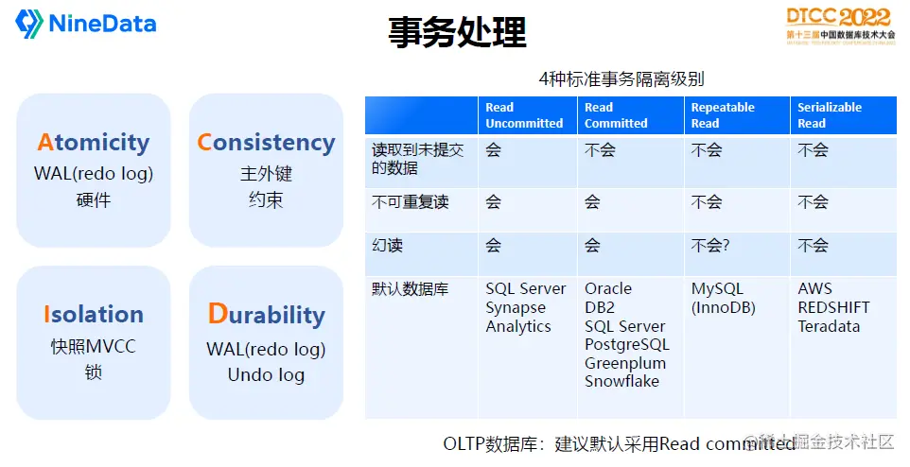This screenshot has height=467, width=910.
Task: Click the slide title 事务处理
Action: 457,32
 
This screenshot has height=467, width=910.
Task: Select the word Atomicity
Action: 94,143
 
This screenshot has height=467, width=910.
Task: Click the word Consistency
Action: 266,143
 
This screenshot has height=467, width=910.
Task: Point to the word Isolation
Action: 94,315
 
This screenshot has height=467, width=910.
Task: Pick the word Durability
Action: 266,315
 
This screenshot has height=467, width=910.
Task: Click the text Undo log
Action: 266,375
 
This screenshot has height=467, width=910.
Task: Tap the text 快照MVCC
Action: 93,346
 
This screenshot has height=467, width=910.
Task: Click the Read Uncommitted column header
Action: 524,115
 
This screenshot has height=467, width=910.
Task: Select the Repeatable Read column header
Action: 723,115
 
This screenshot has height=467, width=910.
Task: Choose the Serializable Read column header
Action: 830,115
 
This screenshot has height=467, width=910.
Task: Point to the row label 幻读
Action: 388,246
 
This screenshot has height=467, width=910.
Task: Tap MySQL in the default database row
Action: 718,289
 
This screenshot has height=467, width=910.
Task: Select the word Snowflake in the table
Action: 621,382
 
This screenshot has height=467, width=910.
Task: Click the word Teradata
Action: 829,326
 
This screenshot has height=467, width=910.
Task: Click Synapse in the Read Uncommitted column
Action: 516,308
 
